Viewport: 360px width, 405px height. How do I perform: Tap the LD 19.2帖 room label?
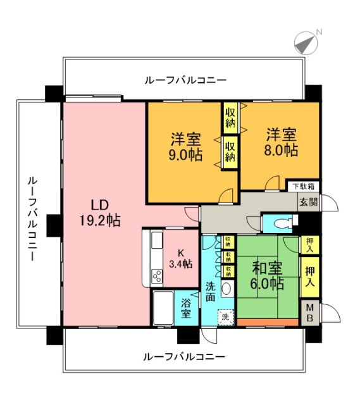[100, 213]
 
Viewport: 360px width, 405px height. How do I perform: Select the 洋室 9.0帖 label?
[185, 146]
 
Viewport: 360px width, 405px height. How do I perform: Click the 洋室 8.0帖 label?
[281, 142]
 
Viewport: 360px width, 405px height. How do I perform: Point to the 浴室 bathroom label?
[186, 308]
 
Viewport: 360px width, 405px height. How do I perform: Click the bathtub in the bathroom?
[163, 309]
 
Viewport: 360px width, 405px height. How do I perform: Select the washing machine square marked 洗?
[225, 316]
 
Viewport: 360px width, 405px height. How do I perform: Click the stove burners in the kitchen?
[156, 277]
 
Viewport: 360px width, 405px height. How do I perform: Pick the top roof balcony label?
[185, 81]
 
